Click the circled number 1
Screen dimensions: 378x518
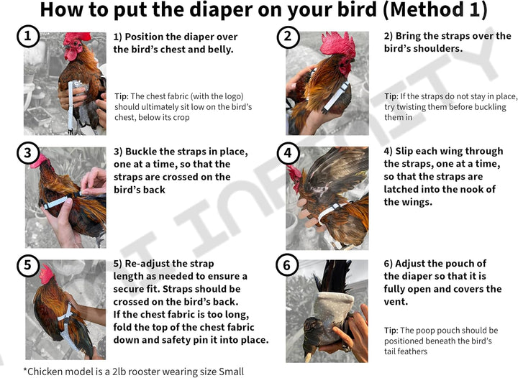[x=27, y=37]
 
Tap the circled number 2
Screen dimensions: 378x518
[x=288, y=37]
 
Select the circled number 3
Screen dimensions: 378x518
[x=27, y=152]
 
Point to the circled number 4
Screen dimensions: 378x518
[x=288, y=152]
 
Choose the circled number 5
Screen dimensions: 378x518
[x=27, y=265]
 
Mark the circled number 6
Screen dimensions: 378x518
[x=288, y=265]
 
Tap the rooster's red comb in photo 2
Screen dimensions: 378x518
[x=337, y=43]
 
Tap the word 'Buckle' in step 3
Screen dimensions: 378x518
[x=143, y=152]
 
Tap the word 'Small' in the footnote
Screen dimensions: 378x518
[x=228, y=372]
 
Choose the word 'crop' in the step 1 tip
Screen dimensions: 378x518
[x=181, y=117]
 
